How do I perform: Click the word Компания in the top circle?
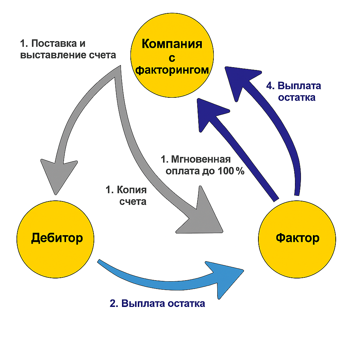coord(172,44)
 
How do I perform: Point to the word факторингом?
coord(172,70)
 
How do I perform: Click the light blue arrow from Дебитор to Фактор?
coord(158,278)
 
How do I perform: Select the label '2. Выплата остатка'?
coord(157,303)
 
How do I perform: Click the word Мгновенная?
coord(201,159)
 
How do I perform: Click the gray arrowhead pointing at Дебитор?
coord(58,176)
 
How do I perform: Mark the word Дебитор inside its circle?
coord(57,238)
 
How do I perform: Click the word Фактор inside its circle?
coord(297,238)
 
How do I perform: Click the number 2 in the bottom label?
coord(112,303)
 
